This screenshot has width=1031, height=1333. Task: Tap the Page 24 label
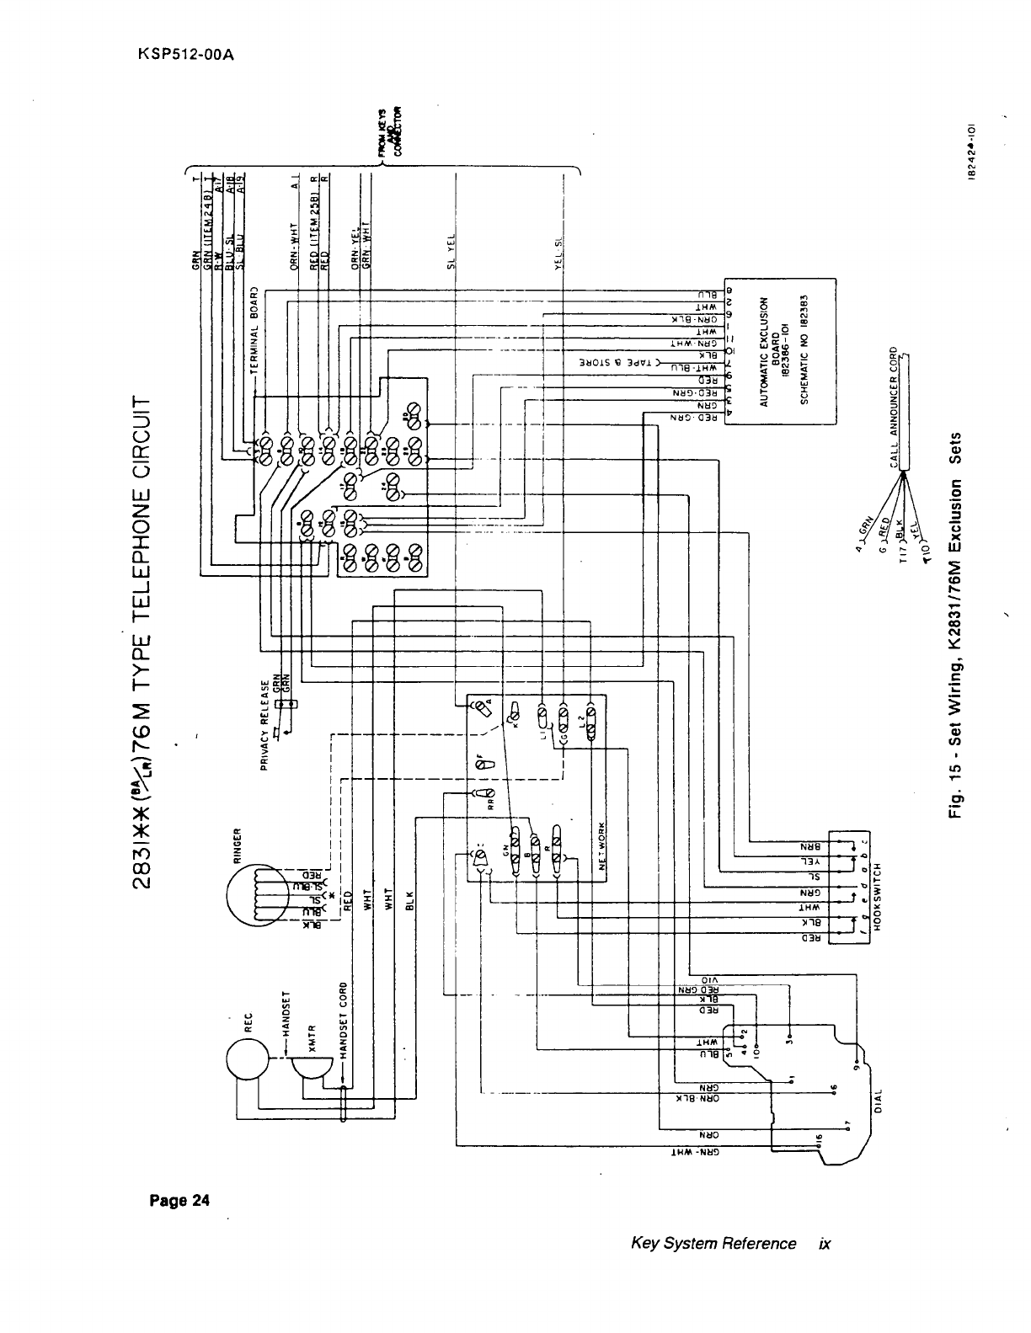click(179, 1200)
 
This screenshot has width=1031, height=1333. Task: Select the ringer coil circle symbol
click(257, 898)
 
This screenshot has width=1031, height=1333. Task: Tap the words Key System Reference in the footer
click(713, 1244)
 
